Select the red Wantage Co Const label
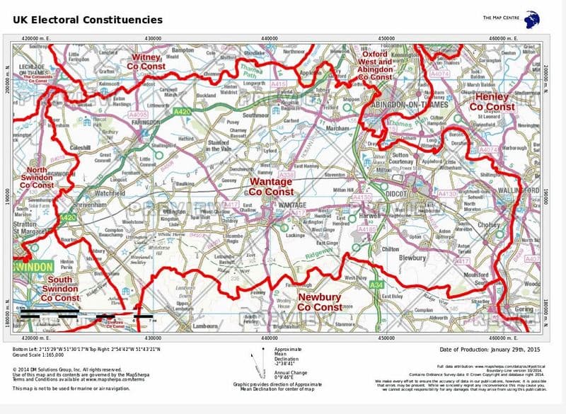[x=271, y=187]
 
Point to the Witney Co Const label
[x=146, y=61]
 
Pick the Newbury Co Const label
[x=320, y=302]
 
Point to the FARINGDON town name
[x=148, y=122]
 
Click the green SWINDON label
[x=33, y=266]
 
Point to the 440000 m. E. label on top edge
[x=270, y=37]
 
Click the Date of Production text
[x=488, y=350]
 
